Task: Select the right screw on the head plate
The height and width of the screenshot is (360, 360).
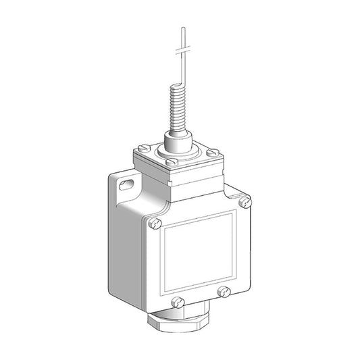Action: click(213, 152)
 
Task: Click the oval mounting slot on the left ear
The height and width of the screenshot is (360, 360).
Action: click(126, 182)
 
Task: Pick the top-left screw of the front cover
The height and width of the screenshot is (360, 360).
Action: click(157, 221)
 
